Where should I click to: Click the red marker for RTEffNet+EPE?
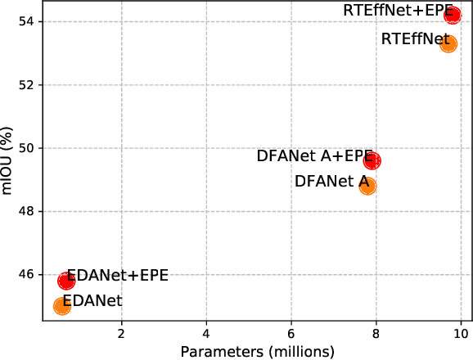pyautogui.click(x=453, y=15)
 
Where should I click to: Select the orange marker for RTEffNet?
pyautogui.click(x=448, y=43)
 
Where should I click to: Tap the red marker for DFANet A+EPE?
pyautogui.click(x=372, y=160)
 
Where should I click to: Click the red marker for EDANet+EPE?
pyautogui.click(x=66, y=281)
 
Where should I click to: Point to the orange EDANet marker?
pyautogui.click(x=61, y=305)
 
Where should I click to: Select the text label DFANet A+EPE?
pyautogui.click(x=314, y=156)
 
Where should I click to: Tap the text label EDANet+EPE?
pyautogui.click(x=117, y=275)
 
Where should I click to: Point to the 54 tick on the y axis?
pyautogui.click(x=27, y=21)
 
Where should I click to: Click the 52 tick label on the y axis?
pyautogui.click(x=27, y=85)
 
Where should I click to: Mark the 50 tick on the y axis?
pyautogui.click(x=27, y=148)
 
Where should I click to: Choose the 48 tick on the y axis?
pyautogui.click(x=27, y=211)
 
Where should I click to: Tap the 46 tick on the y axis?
pyautogui.click(x=27, y=274)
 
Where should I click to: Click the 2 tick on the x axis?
pyautogui.click(x=121, y=333)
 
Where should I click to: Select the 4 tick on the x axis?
pyautogui.click(x=206, y=333)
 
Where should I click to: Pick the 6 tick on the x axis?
pyautogui.click(x=291, y=333)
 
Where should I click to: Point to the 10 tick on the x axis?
pyautogui.click(x=461, y=333)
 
